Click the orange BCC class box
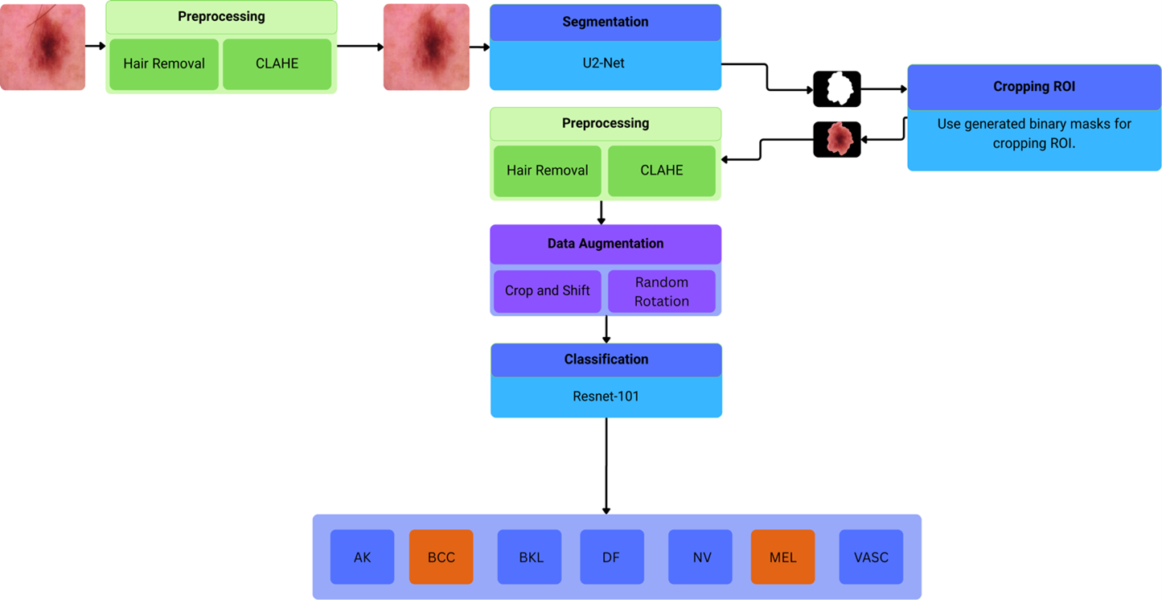(441, 557)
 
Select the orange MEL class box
(782, 557)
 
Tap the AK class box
(362, 557)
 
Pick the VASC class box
(871, 557)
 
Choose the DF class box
(611, 557)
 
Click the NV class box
(700, 557)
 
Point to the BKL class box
(529, 557)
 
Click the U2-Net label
(604, 64)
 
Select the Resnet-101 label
(606, 396)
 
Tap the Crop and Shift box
(547, 290)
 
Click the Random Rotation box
(661, 291)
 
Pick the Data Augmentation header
(606, 244)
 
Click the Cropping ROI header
(1033, 87)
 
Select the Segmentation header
(605, 23)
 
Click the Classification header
(606, 360)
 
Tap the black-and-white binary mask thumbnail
(837, 89)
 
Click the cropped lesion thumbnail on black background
(837, 139)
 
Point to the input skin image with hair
(43, 47)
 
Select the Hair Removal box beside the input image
(164, 64)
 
